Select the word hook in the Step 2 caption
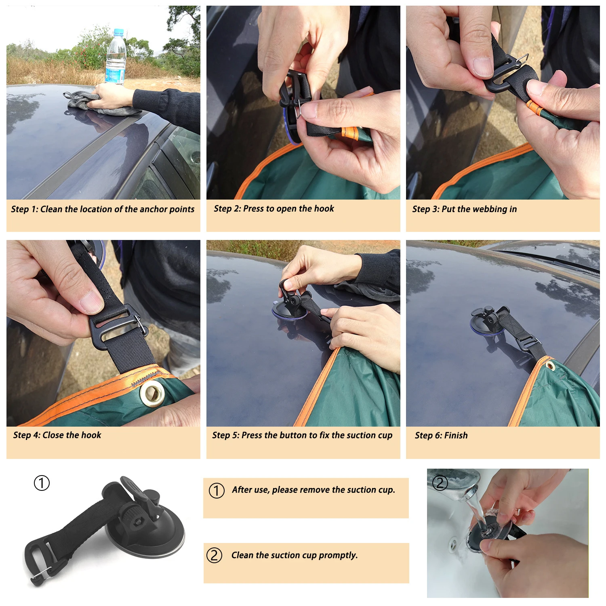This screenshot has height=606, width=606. (x=324, y=208)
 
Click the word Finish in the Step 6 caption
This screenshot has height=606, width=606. (x=456, y=436)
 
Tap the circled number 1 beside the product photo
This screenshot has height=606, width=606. (x=42, y=483)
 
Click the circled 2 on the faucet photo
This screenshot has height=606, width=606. (x=440, y=482)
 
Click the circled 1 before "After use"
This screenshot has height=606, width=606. (x=217, y=490)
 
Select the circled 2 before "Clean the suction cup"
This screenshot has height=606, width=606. (x=215, y=555)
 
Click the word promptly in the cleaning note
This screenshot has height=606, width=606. (x=338, y=555)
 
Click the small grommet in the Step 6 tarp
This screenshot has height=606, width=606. (x=550, y=366)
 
